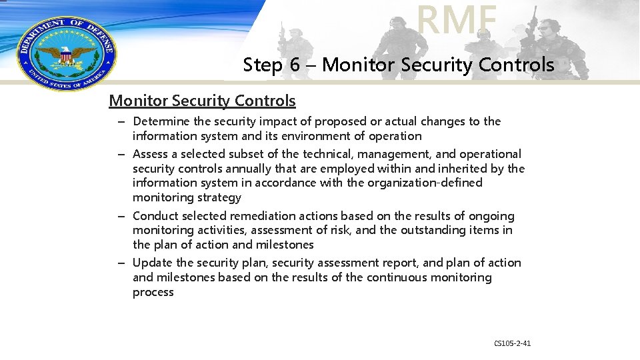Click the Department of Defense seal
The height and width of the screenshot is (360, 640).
coord(65,53)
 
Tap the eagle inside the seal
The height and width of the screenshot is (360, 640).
coord(65,55)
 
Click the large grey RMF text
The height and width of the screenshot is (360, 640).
coord(457,20)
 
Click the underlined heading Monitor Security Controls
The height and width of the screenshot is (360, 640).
coord(202,101)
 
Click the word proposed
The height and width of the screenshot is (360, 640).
coord(341,121)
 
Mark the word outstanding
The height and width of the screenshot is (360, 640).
coord(426,230)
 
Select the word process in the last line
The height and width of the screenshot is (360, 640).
coord(153,292)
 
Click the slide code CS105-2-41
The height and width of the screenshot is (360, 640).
coord(512,343)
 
